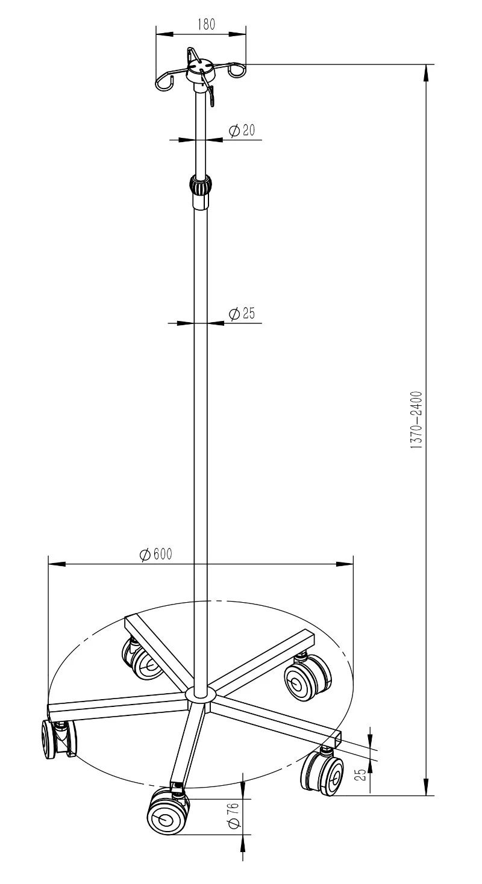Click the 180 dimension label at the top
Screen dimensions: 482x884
207,24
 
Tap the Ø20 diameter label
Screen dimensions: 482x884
242,130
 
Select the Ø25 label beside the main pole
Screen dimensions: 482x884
242,313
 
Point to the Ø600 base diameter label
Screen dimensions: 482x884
156,554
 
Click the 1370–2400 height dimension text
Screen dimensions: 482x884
416,420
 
